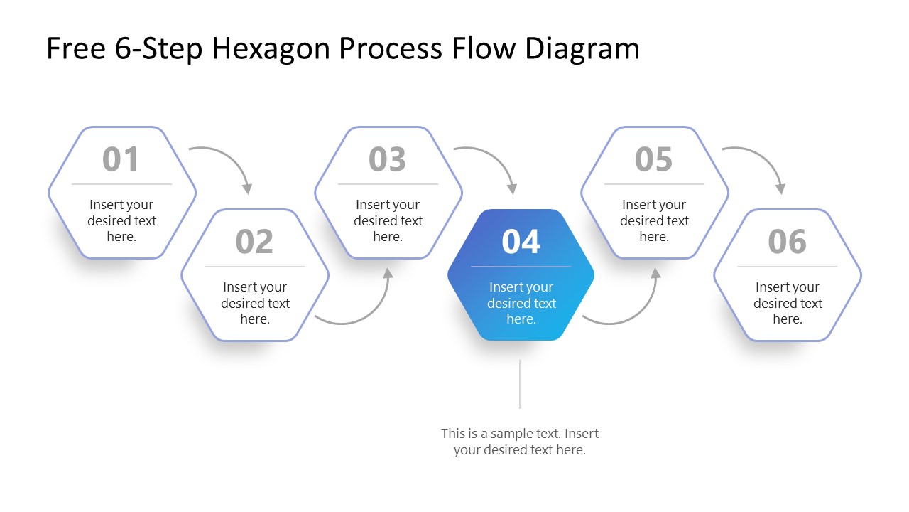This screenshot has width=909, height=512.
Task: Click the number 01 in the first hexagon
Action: tap(121, 159)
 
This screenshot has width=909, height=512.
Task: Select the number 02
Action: tap(254, 242)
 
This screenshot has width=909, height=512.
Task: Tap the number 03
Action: tap(387, 159)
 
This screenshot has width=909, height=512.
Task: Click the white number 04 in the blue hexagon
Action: tap(521, 242)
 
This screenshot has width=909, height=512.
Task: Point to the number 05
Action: tap(653, 159)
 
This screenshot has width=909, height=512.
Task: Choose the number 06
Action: tap(787, 242)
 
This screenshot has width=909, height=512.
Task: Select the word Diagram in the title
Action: tap(582, 48)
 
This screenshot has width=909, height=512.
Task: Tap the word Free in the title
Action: tap(74, 48)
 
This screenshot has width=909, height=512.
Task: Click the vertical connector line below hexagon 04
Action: tap(520, 384)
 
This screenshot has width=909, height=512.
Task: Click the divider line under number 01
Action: tap(121, 184)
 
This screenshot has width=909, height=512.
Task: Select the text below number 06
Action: tap(787, 303)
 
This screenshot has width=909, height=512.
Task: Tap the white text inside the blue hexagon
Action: tap(521, 303)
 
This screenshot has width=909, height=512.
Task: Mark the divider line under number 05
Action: tap(654, 184)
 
